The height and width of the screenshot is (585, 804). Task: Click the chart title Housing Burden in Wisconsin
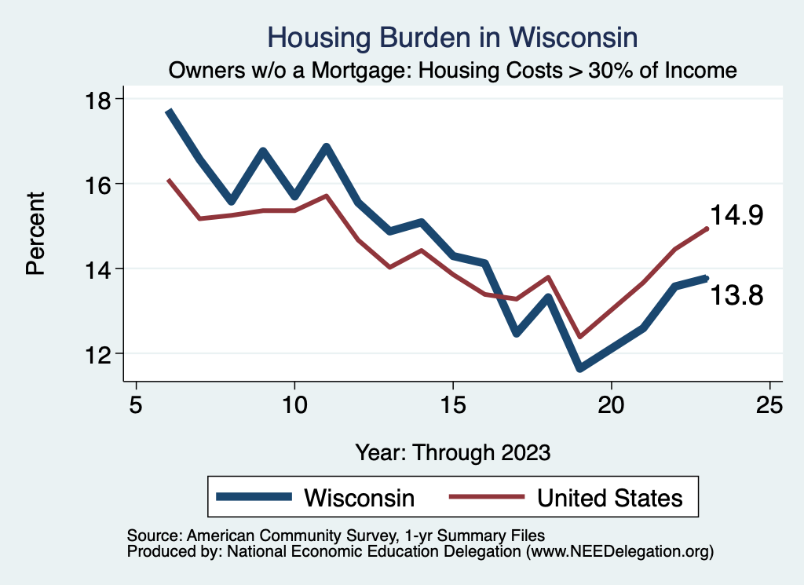451,37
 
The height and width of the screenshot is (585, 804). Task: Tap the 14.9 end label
736,215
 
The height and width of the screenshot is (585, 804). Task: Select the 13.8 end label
736,295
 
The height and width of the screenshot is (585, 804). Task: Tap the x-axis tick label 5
137,405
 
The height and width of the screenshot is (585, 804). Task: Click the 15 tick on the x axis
453,405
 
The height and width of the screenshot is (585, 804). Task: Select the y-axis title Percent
35,233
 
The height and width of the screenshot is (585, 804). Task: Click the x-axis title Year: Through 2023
453,452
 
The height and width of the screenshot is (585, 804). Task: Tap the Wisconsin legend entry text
359,497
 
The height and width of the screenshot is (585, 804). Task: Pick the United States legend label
609,497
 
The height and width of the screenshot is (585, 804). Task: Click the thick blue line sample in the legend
255,497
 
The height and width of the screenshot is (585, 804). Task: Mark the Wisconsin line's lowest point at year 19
579,367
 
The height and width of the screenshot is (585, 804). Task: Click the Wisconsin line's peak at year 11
327,147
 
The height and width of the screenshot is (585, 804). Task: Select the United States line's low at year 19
579,337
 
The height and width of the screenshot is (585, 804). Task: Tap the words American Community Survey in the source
275,536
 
